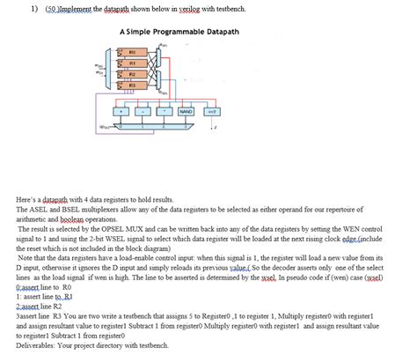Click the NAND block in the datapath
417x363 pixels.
point(187,112)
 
